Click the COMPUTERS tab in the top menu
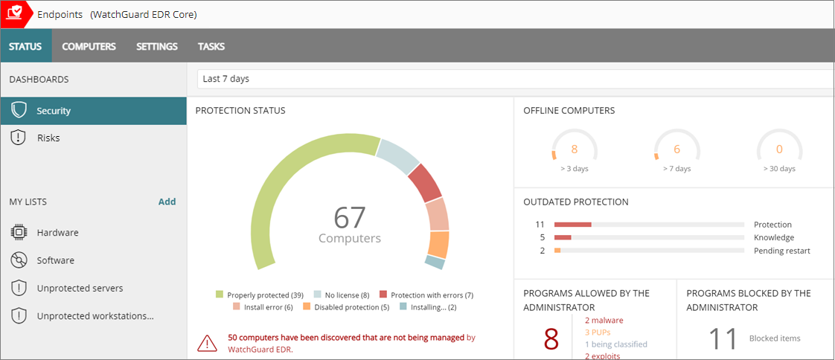coord(89,46)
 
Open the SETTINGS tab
coord(156,46)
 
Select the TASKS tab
coord(211,46)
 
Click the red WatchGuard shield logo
coord(15,14)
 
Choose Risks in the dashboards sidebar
coord(48,138)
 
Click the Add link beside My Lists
coord(167,202)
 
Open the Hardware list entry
coord(57,233)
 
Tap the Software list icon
coord(19,260)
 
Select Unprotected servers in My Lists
coord(80,288)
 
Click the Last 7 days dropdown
coord(514,79)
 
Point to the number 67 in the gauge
coord(350,218)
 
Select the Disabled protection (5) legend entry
coord(346,307)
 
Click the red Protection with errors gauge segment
coord(425,183)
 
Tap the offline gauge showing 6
coord(676,150)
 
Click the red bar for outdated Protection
coord(572,225)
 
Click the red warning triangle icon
coord(207,343)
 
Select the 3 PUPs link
coord(598,332)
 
